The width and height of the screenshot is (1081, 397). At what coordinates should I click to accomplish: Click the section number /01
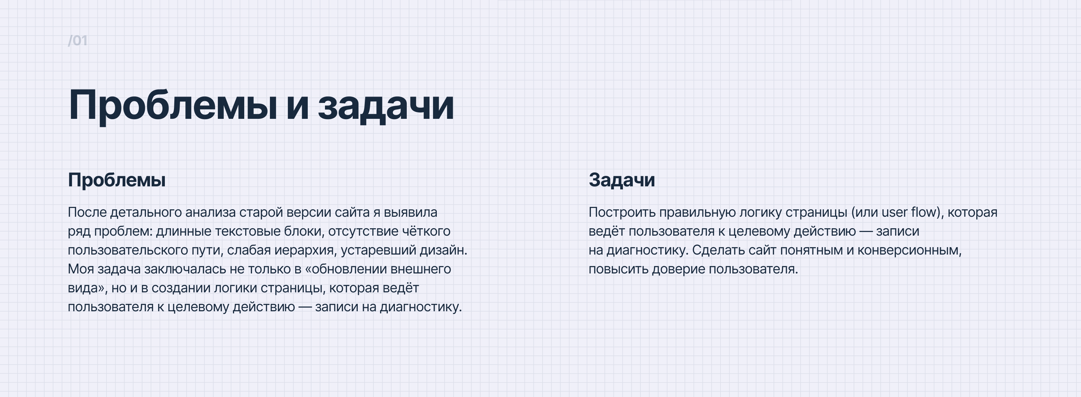(x=78, y=41)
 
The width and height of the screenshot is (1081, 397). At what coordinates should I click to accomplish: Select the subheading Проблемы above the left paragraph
(x=117, y=180)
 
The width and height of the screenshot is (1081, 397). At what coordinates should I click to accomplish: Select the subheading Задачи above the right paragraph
(x=622, y=180)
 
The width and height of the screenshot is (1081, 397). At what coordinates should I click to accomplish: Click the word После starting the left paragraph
(x=87, y=213)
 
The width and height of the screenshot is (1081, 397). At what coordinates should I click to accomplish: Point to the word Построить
(x=622, y=213)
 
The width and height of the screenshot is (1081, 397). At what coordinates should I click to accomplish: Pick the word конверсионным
(x=909, y=250)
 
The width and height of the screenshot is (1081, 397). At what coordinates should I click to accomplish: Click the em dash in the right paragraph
(x=866, y=231)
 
